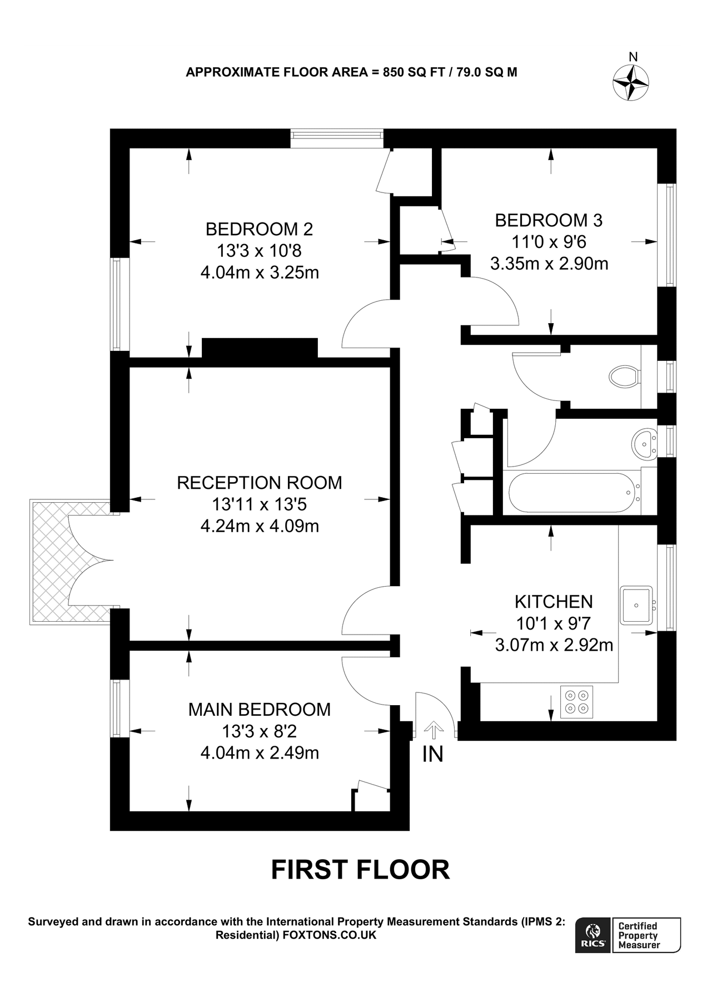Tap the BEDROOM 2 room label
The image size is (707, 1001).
pos(259,229)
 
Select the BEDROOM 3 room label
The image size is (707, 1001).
pos(549,220)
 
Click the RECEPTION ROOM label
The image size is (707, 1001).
pos(260,482)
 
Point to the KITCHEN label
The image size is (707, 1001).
pos(554,601)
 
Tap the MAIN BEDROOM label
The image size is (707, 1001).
pos(260,709)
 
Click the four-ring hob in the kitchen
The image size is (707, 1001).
pos(576,702)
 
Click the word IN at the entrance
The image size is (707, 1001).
pos(433,754)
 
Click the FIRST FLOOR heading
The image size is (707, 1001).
pos(360,870)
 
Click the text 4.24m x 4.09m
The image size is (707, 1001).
pos(260,526)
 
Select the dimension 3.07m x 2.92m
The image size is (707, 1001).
pos(554,645)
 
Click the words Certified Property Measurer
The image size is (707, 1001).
pos(639,935)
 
